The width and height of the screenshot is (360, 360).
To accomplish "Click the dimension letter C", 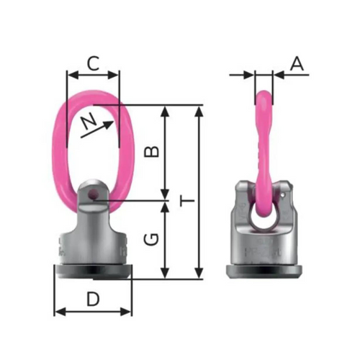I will pyautogui.click(x=92, y=63).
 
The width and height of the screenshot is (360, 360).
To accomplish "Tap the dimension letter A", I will pyautogui.click(x=297, y=63).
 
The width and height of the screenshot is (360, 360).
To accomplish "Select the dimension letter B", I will pyautogui.click(x=151, y=152).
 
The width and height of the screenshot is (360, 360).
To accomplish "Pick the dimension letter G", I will pyautogui.click(x=151, y=240).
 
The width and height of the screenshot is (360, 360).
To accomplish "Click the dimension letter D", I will pyautogui.click(x=92, y=297).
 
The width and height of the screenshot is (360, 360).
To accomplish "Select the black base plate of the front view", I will pyautogui.click(x=94, y=271).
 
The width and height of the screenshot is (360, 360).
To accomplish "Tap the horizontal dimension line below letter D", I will pyautogui.click(x=94, y=312).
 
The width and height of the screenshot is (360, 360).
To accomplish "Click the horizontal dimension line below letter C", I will pyautogui.click(x=92, y=73).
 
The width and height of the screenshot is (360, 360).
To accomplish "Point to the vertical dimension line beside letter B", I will pyautogui.click(x=166, y=152).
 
